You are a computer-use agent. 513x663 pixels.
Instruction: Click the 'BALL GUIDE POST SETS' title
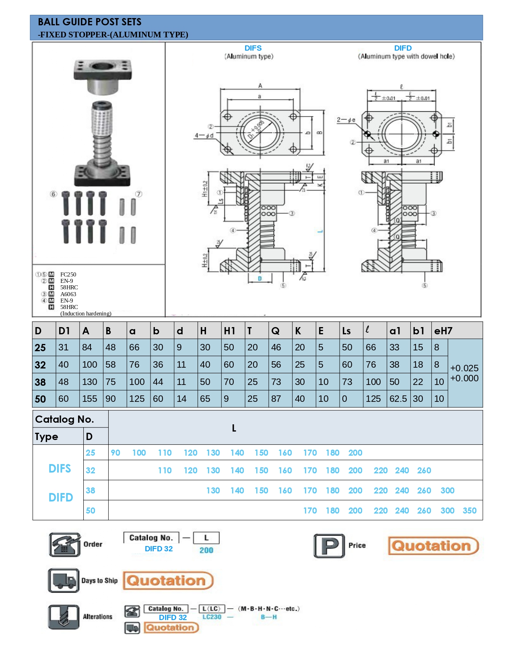(89, 22)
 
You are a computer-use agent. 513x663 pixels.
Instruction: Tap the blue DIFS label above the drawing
(253, 48)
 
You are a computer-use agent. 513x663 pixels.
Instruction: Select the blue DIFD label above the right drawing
(403, 48)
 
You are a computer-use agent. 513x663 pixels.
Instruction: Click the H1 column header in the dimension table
(229, 331)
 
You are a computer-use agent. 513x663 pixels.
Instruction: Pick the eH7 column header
(443, 331)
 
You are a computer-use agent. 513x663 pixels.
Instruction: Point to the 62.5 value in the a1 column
(398, 399)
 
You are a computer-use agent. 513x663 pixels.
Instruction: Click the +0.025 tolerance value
(464, 368)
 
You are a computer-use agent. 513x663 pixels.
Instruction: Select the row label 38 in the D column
(40, 382)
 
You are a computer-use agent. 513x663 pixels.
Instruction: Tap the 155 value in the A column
(89, 399)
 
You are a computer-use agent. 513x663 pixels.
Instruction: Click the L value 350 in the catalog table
(470, 511)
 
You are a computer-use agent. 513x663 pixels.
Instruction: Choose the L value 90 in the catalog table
(115, 453)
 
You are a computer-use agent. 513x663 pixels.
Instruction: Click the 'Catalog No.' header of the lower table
(64, 419)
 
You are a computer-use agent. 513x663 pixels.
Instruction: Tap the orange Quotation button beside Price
(433, 546)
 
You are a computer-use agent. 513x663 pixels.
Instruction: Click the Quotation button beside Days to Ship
(168, 581)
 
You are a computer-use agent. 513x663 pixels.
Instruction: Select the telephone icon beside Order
(64, 544)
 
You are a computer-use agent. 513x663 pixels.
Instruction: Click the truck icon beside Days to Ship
(64, 580)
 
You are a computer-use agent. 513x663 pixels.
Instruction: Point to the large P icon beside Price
(329, 546)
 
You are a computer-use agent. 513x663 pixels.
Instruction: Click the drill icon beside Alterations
(64, 617)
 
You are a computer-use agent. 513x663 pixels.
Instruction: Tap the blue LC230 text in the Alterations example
(212, 617)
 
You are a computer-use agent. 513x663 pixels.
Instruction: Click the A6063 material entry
(68, 294)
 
